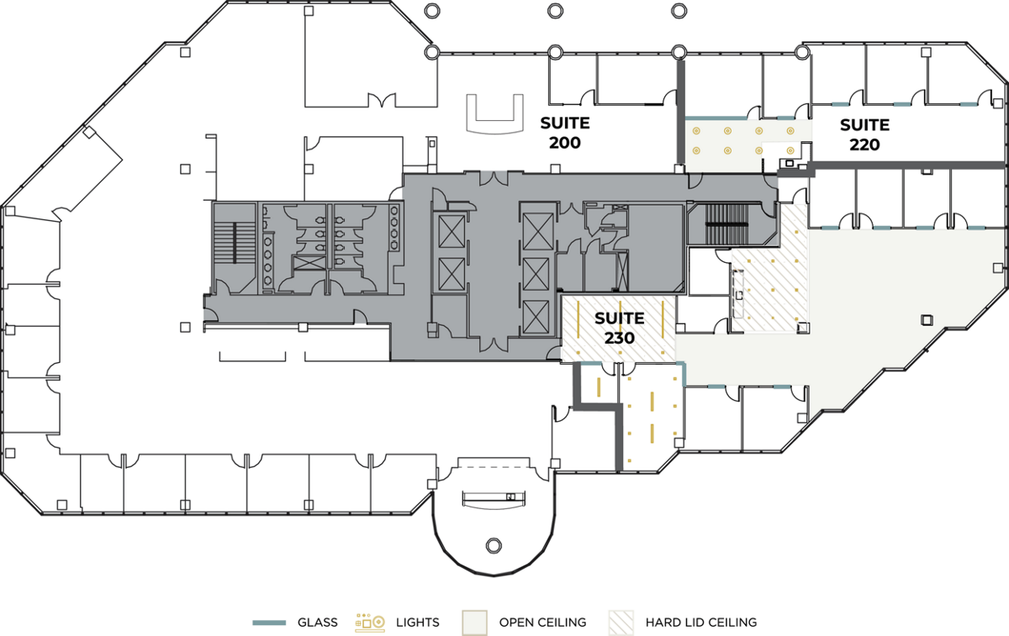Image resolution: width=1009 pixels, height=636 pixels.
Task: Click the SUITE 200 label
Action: (565, 133)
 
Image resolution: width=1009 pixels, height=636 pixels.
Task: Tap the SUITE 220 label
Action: (864, 134)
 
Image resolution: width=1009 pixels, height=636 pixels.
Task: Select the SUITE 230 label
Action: (620, 329)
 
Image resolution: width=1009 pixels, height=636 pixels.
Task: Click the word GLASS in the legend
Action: (317, 623)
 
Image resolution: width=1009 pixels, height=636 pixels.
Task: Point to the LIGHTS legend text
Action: (418, 623)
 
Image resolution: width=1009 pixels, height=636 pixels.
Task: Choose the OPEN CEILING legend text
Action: (542, 623)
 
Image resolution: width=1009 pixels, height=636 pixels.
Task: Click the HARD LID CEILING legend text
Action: (701, 623)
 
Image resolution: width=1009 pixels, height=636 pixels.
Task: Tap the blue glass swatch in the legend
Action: (269, 623)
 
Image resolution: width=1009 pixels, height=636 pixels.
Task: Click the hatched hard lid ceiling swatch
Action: (621, 623)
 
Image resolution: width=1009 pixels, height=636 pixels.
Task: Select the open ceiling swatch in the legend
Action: (474, 623)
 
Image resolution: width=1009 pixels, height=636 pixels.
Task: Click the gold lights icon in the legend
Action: (370, 623)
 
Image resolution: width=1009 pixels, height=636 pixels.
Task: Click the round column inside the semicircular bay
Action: (494, 546)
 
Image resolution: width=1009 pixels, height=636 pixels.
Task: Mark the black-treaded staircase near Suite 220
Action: (726, 224)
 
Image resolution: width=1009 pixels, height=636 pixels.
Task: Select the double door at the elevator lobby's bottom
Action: (494, 344)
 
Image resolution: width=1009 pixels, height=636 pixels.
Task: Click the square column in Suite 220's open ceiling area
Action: (927, 320)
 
